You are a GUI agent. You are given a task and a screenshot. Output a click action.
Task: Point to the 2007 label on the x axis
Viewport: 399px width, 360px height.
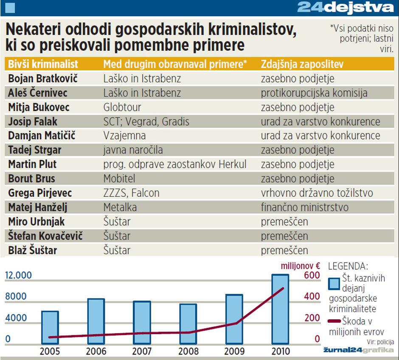(142, 352)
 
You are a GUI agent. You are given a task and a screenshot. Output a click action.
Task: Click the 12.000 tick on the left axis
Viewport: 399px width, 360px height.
(18, 276)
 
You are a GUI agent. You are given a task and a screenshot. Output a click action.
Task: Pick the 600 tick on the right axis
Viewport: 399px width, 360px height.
(312, 276)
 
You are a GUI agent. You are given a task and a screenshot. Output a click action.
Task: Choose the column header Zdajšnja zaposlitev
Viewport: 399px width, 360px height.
(302, 64)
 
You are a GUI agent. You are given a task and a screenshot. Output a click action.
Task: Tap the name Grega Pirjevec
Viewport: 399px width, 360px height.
(40, 193)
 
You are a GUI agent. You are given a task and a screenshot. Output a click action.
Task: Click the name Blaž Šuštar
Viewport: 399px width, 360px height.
(32, 251)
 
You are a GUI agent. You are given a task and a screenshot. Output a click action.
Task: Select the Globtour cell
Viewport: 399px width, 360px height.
(122, 107)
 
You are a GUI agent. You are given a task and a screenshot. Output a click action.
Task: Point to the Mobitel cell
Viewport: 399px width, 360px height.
(120, 179)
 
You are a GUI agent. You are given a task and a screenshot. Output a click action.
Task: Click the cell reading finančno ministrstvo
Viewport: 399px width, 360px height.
(304, 207)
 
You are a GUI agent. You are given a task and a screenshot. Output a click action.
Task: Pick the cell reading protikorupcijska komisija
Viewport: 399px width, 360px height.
(314, 93)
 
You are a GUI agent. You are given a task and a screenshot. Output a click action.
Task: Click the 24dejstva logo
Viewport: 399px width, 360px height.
(346, 8)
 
